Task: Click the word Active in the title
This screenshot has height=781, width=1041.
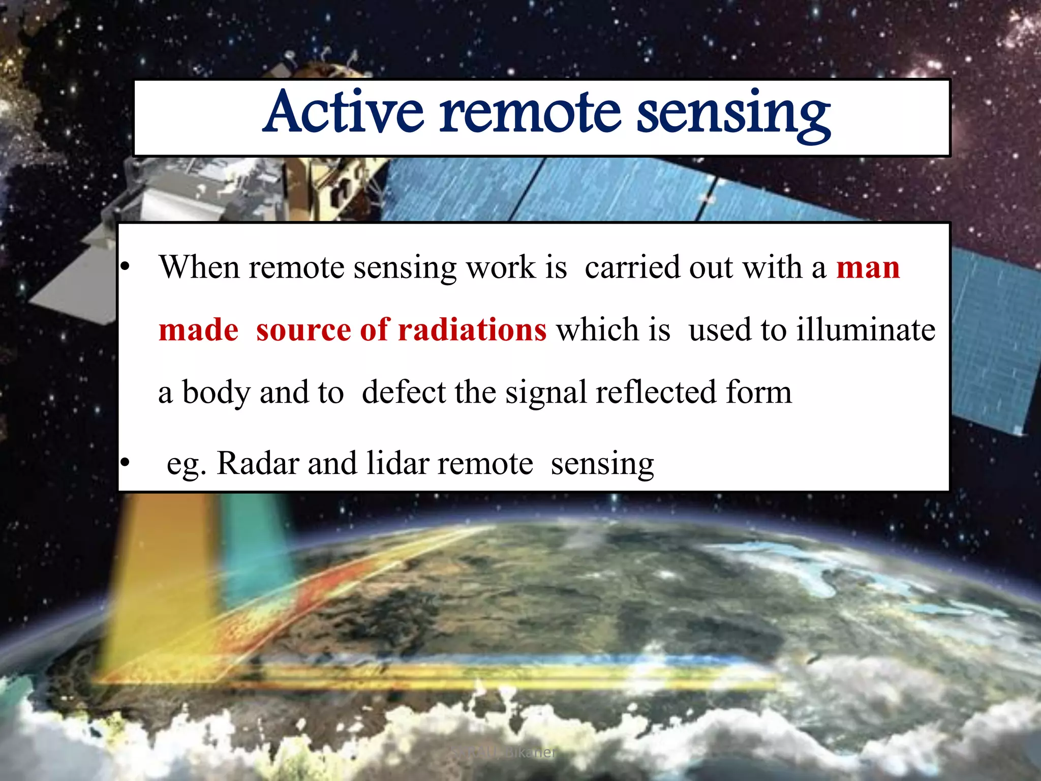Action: (x=344, y=113)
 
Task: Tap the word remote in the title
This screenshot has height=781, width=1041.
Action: (x=530, y=113)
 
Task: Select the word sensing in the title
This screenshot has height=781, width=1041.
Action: (x=733, y=115)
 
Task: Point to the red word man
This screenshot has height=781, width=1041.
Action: (x=868, y=268)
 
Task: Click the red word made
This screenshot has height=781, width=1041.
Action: (x=198, y=330)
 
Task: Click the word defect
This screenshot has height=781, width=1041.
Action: (x=404, y=392)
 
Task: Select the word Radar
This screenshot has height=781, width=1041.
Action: (x=258, y=463)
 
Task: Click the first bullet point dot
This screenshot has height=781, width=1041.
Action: (x=125, y=266)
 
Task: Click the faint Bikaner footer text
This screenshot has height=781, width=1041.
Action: (x=529, y=752)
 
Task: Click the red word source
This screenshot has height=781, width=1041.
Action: (x=303, y=330)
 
